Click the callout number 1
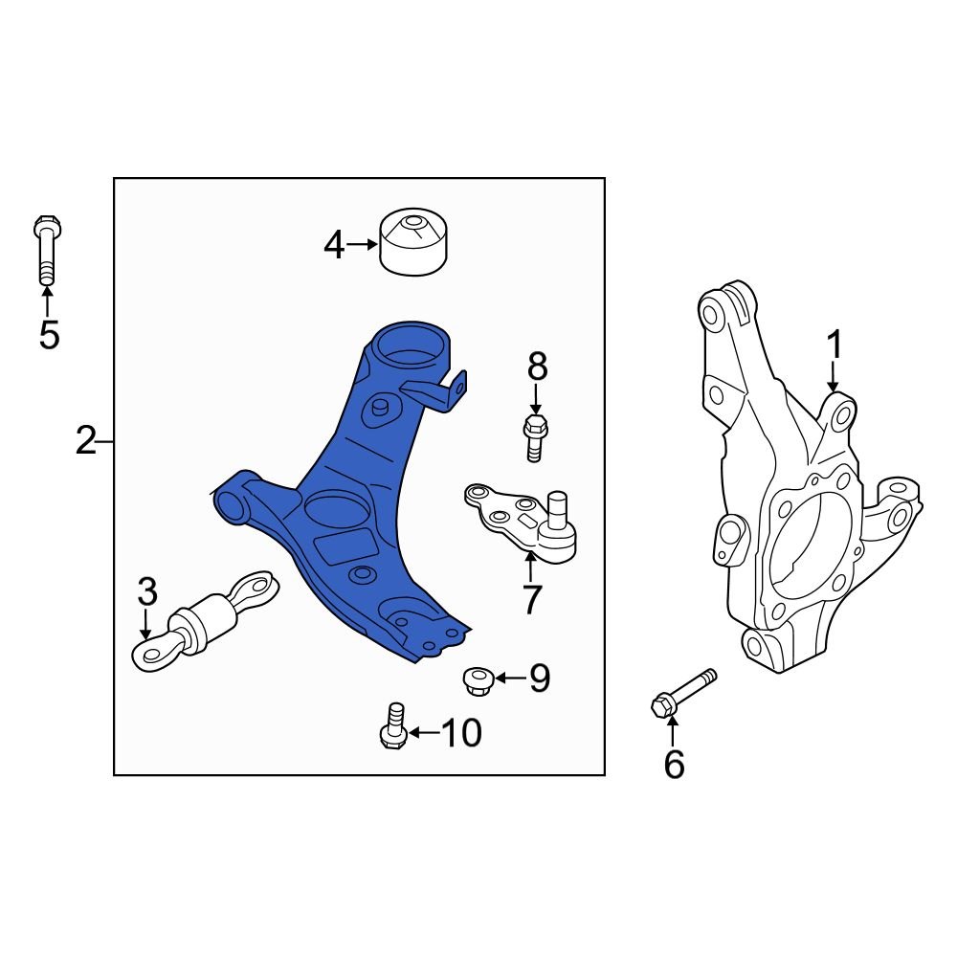coord(834,345)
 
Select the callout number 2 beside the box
coord(86,440)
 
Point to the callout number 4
coord(334,245)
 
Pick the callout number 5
coord(49,334)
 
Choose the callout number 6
coord(674,764)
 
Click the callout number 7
coord(531,600)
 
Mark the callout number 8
coord(537,367)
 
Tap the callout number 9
coord(540,678)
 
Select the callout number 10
coord(461,732)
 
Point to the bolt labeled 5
coord(47,250)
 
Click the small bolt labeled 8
coord(535,438)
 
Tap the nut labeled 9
coord(478,681)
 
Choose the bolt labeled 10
coord(393,725)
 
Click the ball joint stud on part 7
coord(557,510)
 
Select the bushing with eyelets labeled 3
coord(205,622)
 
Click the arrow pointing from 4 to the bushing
coord(362,245)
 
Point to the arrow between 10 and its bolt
coord(424,732)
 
